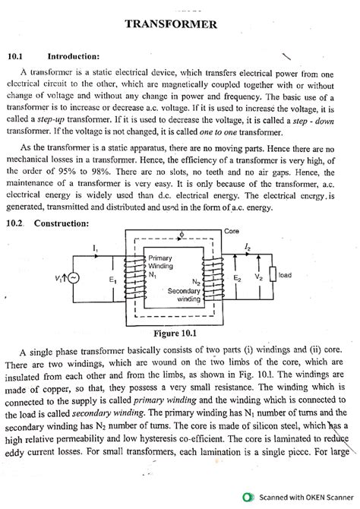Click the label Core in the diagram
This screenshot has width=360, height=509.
tap(232, 229)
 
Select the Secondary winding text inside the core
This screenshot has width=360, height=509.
tap(184, 293)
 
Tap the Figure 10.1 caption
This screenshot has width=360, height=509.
tap(180, 332)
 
